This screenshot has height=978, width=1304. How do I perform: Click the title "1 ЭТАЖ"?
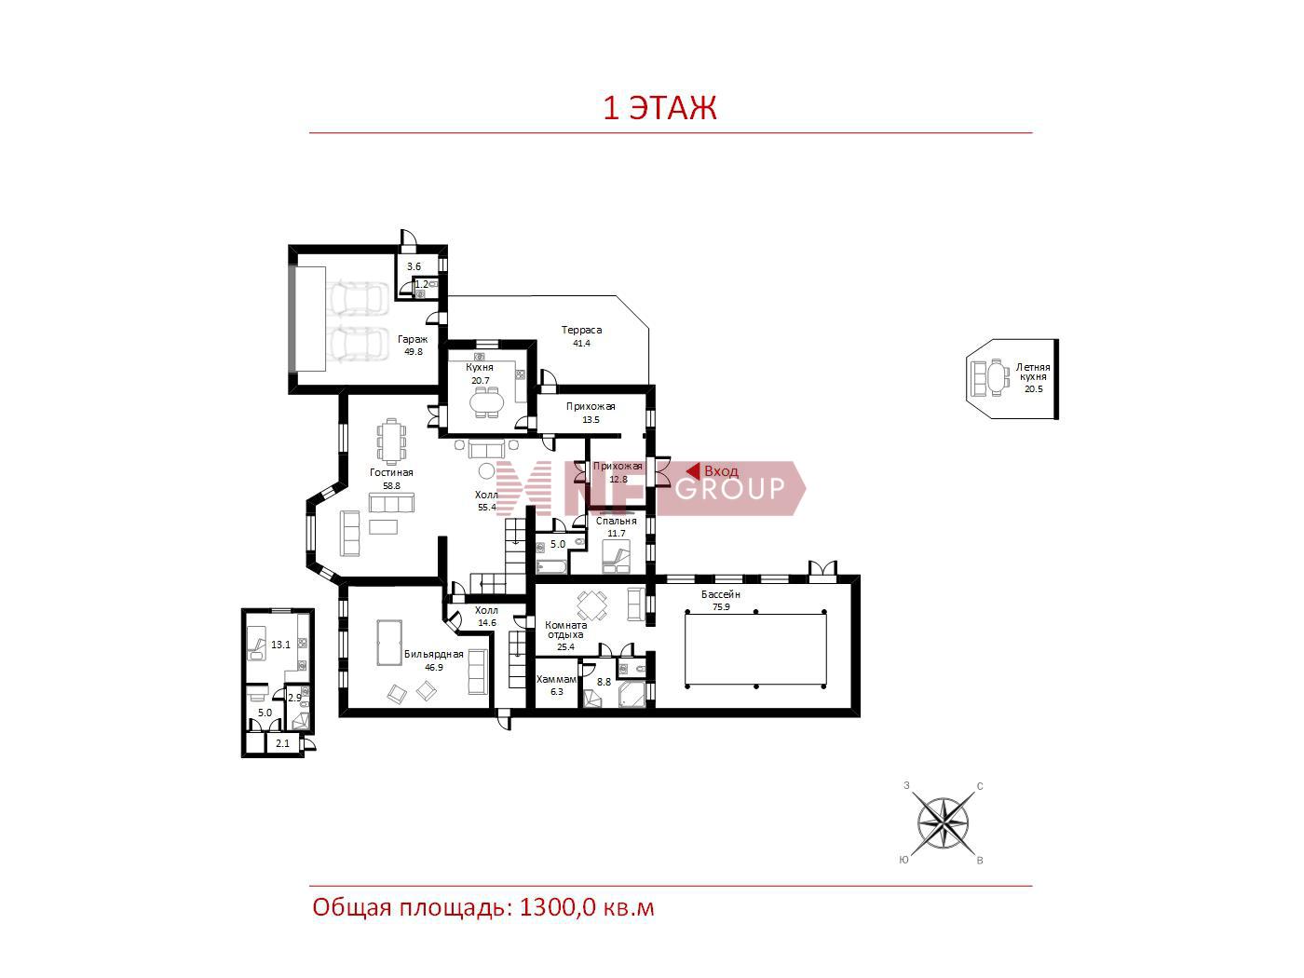pyautogui.click(x=659, y=108)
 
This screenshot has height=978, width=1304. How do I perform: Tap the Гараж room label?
pyautogui.click(x=413, y=339)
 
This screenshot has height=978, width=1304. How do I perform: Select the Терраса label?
pyautogui.click(x=581, y=330)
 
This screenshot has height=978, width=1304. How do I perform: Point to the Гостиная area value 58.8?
pyautogui.click(x=391, y=485)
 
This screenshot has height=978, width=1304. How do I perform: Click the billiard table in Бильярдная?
pyautogui.click(x=389, y=643)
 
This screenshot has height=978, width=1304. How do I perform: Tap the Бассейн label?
pyautogui.click(x=721, y=594)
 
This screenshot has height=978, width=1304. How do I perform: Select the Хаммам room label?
pyautogui.click(x=556, y=679)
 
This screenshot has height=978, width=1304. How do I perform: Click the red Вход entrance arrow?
pyautogui.click(x=693, y=471)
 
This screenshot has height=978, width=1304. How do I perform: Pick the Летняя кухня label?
pyautogui.click(x=1033, y=372)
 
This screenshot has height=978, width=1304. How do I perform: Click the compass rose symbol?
pyautogui.click(x=943, y=823)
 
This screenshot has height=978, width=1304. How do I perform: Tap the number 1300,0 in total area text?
pyautogui.click(x=557, y=908)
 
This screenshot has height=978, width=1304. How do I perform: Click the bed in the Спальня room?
pyautogui.click(x=616, y=560)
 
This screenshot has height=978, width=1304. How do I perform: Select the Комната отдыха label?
pyautogui.click(x=565, y=630)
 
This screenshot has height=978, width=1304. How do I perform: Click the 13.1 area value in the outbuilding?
pyautogui.click(x=280, y=645)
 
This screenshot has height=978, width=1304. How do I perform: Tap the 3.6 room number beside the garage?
pyautogui.click(x=414, y=266)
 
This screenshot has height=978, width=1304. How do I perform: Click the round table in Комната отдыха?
pyautogui.click(x=592, y=605)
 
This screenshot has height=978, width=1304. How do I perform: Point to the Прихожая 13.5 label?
pyautogui.click(x=591, y=413)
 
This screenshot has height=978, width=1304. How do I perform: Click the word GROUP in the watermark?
pyautogui.click(x=730, y=489)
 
